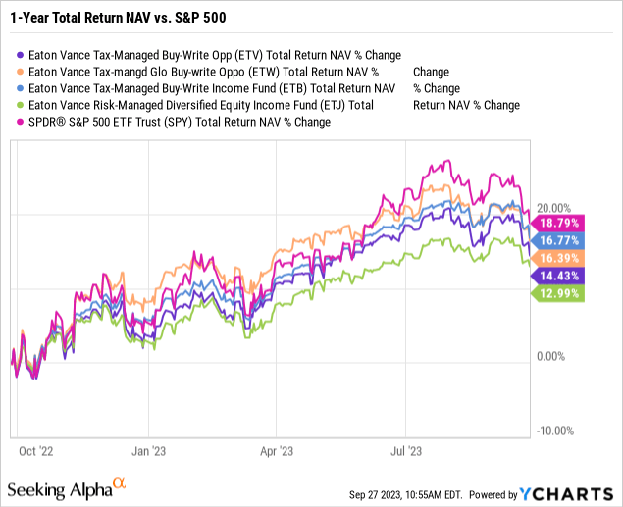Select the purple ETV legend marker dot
point(21,56)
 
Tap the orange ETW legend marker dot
point(21,73)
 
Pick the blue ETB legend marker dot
point(21,89)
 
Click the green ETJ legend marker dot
point(21,106)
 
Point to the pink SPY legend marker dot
point(21,123)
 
